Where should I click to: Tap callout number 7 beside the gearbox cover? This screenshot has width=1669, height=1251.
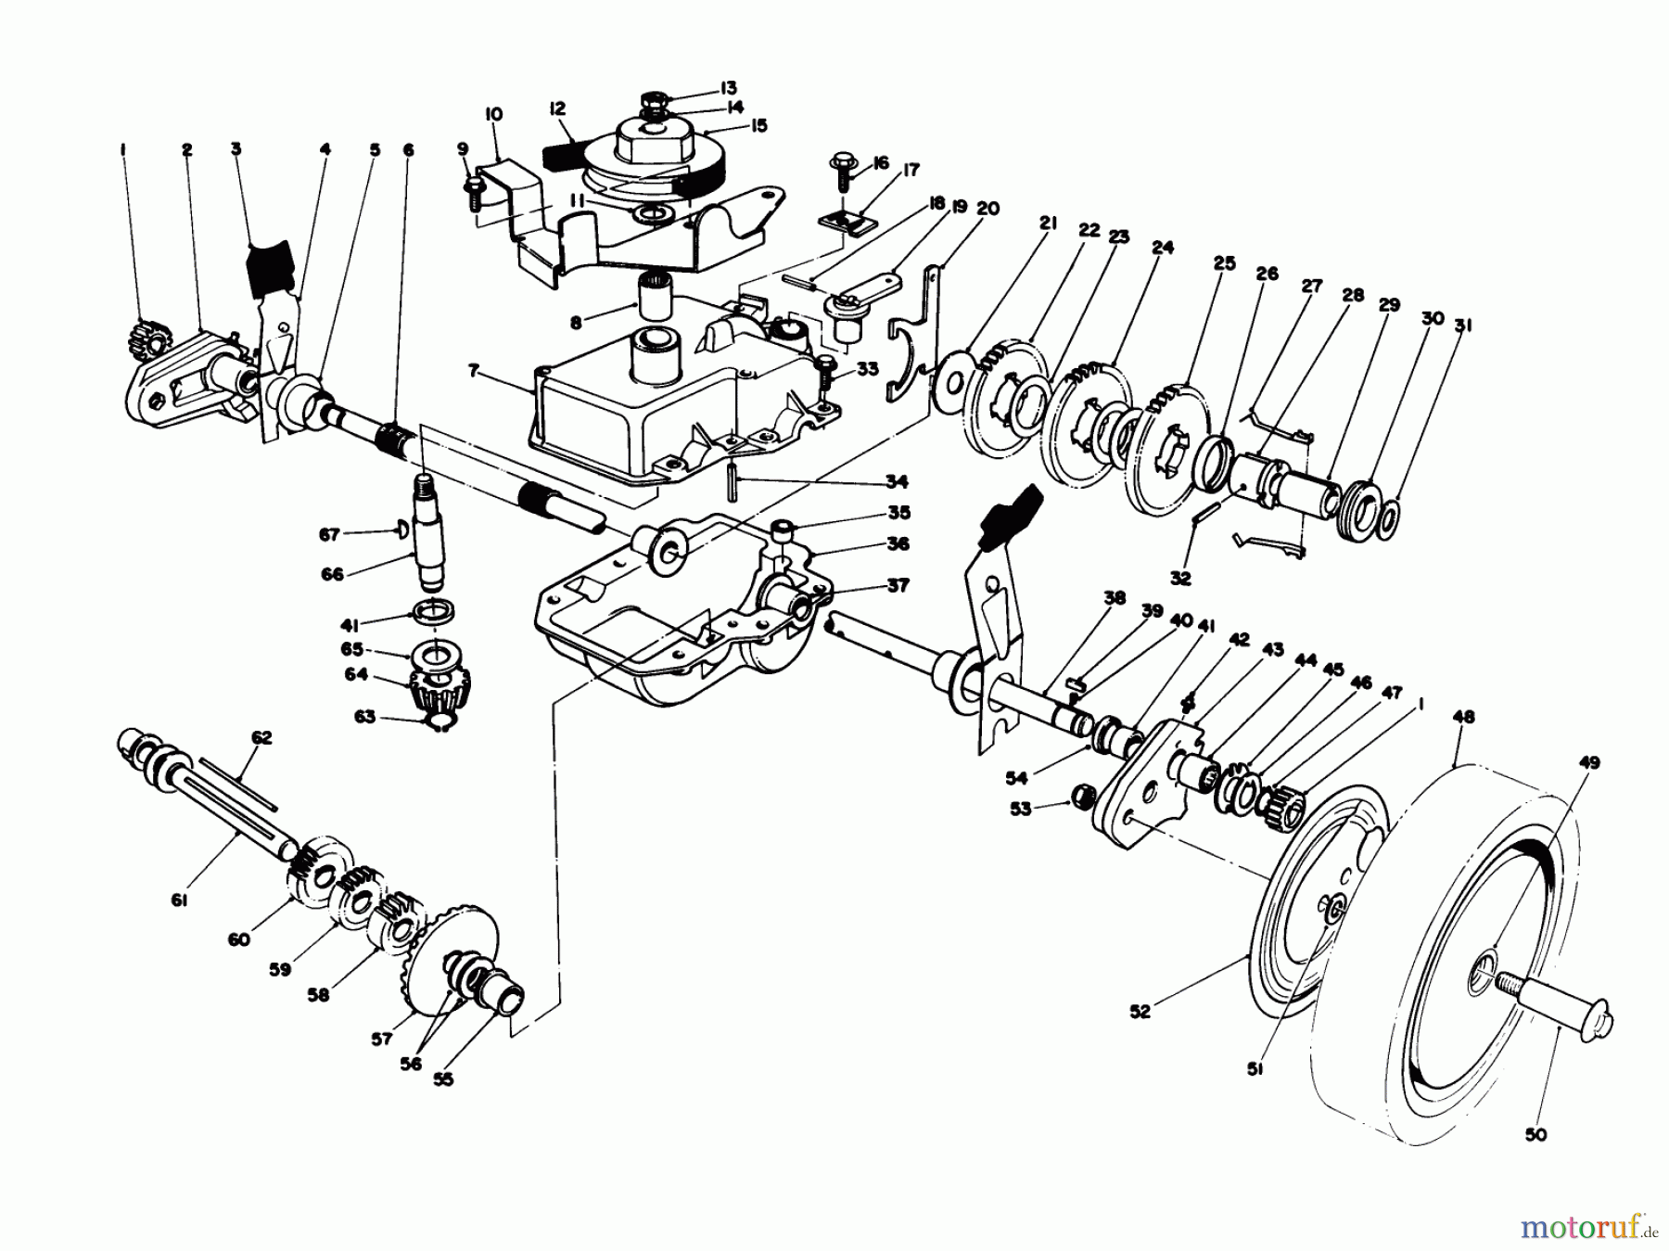[473, 371]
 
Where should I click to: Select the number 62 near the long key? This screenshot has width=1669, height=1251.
[262, 737]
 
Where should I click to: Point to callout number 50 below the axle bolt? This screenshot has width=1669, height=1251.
[1535, 1134]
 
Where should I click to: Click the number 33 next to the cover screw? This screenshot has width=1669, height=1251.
[867, 369]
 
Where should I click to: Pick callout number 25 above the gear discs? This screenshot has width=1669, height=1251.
[1224, 264]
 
